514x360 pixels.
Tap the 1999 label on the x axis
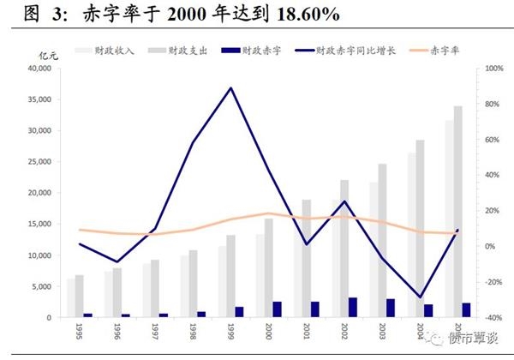pos(231,330)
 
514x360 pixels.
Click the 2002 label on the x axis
pos(344,330)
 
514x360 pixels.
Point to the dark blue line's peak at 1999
pos(231,87)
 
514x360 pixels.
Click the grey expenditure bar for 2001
pos(307,258)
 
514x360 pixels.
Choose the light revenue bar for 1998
pos(184,286)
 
